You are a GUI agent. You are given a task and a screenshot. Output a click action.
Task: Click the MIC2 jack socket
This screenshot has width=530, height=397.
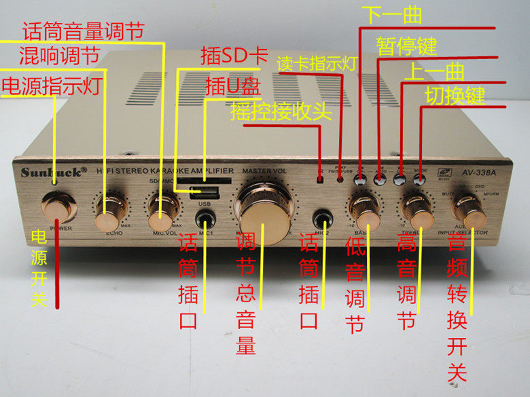[x=323, y=221]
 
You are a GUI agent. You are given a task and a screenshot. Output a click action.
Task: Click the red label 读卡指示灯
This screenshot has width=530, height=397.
[x=317, y=64]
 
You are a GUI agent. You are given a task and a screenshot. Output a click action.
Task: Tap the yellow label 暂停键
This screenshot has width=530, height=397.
[x=406, y=46]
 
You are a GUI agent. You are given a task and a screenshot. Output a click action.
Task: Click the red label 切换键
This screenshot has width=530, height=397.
[x=455, y=95]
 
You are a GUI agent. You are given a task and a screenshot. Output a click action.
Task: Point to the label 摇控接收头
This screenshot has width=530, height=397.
[x=281, y=110]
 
